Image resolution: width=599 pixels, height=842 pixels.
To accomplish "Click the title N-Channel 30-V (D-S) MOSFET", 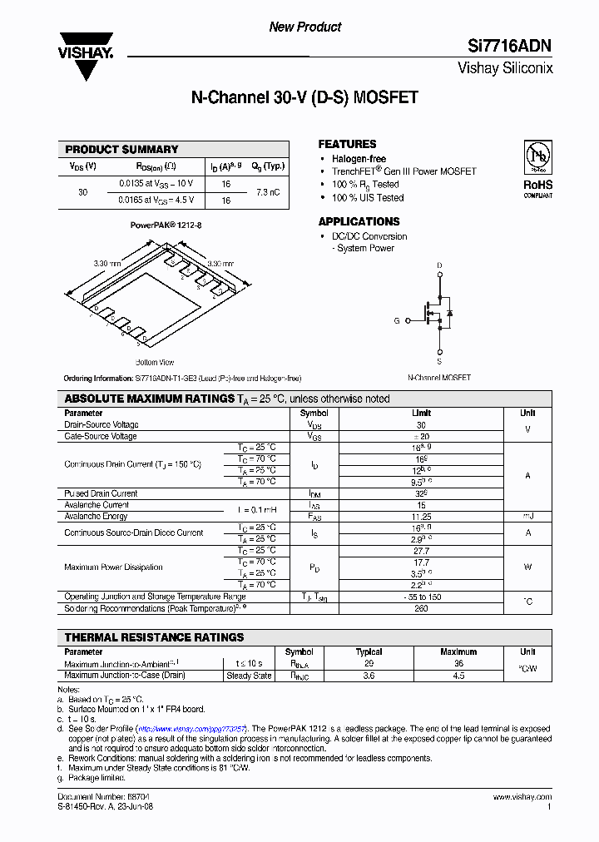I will tap(304, 97).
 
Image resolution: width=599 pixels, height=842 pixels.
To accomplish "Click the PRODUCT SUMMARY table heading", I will tap(122, 150).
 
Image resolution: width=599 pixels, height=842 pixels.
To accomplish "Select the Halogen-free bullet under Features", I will tap(359, 159).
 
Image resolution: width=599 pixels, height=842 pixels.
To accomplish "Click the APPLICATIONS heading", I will tap(359, 221).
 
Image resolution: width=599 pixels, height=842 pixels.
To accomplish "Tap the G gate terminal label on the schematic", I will tap(397, 320).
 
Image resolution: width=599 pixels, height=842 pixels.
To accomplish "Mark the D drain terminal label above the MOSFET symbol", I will tap(438, 266).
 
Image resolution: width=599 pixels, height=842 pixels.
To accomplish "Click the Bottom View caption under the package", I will tap(155, 362).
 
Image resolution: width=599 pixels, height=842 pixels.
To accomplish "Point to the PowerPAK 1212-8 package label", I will tap(166, 225).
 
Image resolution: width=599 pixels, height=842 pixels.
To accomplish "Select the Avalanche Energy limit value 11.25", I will tap(421, 516).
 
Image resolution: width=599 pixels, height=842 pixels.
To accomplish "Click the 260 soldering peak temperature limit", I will tap(421, 608).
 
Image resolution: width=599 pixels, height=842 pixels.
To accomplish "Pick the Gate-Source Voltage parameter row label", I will tap(101, 436).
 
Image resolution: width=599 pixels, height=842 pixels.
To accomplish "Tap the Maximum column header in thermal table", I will tap(458, 652).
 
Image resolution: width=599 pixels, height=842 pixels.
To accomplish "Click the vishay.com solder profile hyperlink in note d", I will tap(193, 728).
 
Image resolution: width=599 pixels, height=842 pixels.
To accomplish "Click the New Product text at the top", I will tap(304, 27).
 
